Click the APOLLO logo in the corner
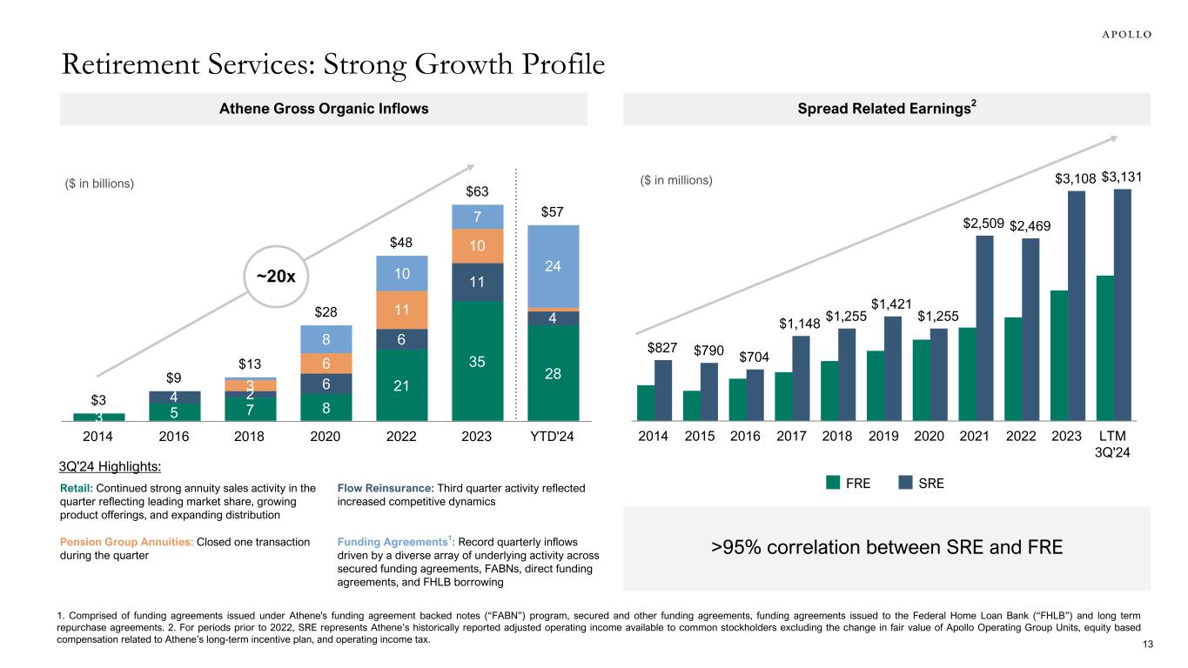[1121, 34]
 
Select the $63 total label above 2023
[477, 191]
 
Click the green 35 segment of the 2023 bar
[477, 360]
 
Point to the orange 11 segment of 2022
[402, 310]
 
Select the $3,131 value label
[1123, 178]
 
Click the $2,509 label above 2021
[984, 224]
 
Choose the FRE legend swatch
[833, 484]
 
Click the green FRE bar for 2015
[692, 406]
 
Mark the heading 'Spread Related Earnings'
[884, 109]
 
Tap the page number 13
[1144, 643]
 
